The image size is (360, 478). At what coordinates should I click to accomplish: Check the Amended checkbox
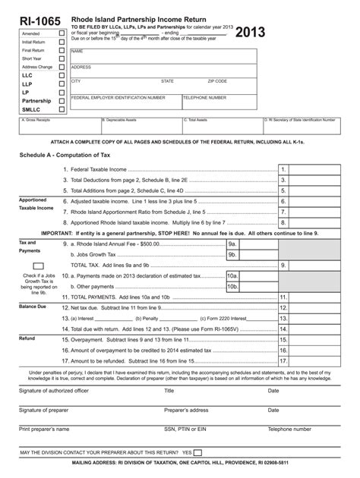[62, 34]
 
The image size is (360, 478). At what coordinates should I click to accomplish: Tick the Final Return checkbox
[62, 51]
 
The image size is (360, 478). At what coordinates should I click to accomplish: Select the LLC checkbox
[62, 76]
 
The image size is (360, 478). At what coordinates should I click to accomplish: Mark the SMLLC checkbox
[62, 109]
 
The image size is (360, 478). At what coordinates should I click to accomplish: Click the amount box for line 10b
[259, 288]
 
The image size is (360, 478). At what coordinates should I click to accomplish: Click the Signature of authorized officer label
[53, 392]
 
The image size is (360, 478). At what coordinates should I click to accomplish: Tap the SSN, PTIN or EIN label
[185, 429]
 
